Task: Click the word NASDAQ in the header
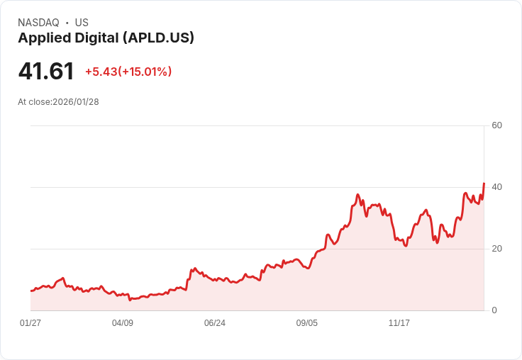pyautogui.click(x=38, y=23)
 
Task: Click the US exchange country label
pyautogui.click(x=82, y=23)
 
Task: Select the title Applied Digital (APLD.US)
pyautogui.click(x=106, y=38)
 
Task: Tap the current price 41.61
pyautogui.click(x=46, y=72)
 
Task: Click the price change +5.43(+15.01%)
pyautogui.click(x=128, y=72)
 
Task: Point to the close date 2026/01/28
pyautogui.click(x=76, y=102)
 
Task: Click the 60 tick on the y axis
pyautogui.click(x=497, y=125)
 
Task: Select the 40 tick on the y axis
pyautogui.click(x=497, y=187)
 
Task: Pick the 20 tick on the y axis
pyautogui.click(x=497, y=249)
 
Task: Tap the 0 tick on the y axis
pyautogui.click(x=494, y=310)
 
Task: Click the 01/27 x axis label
pyautogui.click(x=30, y=323)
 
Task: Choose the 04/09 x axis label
pyautogui.click(x=123, y=323)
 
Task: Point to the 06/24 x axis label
pyautogui.click(x=215, y=323)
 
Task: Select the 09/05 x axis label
pyautogui.click(x=307, y=323)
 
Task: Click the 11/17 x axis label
pyautogui.click(x=399, y=323)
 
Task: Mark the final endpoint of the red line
pyautogui.click(x=484, y=184)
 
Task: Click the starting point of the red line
pyautogui.click(x=31, y=291)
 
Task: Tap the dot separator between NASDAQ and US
pyautogui.click(x=67, y=23)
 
